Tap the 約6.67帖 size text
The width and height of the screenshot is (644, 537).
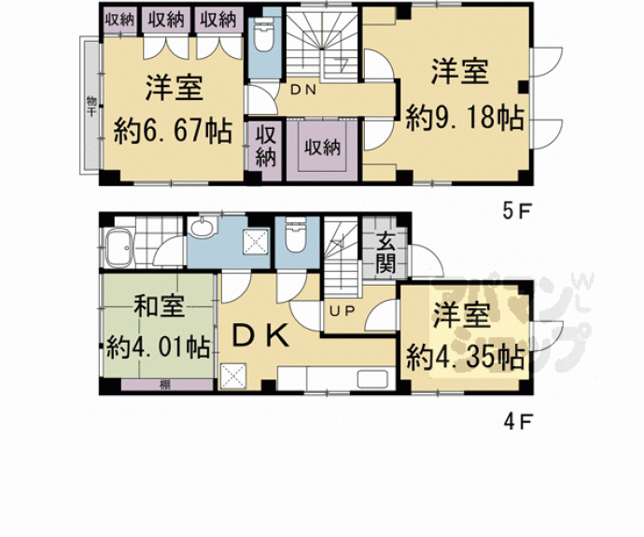click(x=173, y=130)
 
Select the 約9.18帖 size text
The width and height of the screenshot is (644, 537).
click(x=464, y=119)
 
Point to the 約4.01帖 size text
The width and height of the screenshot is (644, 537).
click(x=157, y=346)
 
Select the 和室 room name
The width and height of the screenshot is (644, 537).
click(x=157, y=306)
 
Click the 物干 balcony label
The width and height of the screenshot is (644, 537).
click(x=91, y=105)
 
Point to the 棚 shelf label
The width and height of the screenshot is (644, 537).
click(x=164, y=384)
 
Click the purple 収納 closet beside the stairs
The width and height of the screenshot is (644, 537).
click(x=322, y=147)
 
